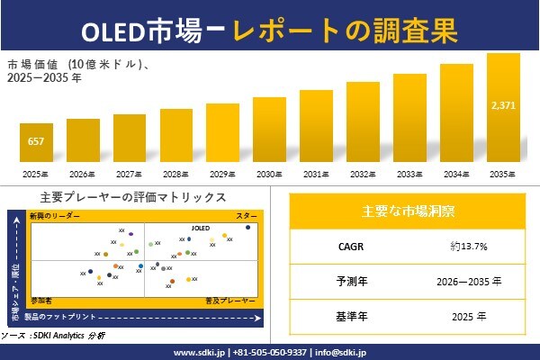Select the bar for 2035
(502, 108)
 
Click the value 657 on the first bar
(36, 142)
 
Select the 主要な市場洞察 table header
(407, 211)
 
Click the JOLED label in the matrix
(200, 229)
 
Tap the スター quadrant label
(247, 217)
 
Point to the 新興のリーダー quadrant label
(54, 217)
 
